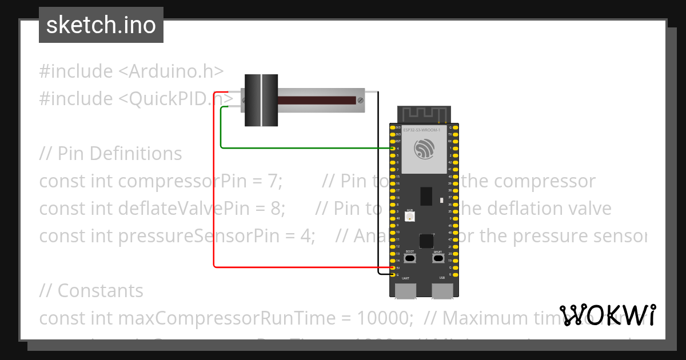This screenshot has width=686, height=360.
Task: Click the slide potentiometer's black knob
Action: point(261,100)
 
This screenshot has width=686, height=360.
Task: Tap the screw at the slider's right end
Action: point(360,101)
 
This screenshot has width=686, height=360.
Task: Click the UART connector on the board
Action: point(405,291)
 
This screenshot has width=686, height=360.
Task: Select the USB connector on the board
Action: point(442,291)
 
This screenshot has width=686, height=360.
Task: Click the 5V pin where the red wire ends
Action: point(392,267)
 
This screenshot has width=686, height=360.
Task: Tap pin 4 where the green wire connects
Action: point(392,148)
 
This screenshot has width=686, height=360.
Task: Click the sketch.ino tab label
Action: point(101,25)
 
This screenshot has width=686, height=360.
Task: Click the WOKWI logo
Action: point(607,315)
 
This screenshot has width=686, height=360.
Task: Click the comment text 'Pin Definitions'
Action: point(120,154)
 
